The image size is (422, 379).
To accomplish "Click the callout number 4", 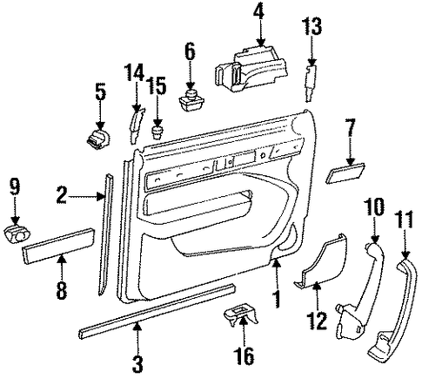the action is tap(258, 12).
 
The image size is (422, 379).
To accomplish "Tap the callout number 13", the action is tap(311, 26).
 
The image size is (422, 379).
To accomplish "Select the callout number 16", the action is tap(244, 355).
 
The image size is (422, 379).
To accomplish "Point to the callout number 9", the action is tap(15, 187).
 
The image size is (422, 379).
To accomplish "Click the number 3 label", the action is tap(137, 364).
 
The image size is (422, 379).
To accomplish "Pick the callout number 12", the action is tap(317, 321).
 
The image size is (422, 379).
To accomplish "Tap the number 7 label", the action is tap(351, 127).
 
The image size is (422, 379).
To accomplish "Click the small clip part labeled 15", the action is tap(157, 132).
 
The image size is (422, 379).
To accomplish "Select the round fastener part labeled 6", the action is tap(191, 100).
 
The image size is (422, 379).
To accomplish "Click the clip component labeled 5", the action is tap(97, 139).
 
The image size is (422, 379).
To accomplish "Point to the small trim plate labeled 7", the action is tap(345, 173).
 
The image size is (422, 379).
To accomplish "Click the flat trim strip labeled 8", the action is tap(58, 246).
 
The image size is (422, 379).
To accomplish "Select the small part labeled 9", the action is tap(17, 234).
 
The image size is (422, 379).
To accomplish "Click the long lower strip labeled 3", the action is tap(157, 311).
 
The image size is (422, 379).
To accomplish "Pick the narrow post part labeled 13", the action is tap(311, 84).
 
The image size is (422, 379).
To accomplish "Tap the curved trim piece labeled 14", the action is tap(136, 125).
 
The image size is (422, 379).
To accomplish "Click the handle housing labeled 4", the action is tap(251, 69).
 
